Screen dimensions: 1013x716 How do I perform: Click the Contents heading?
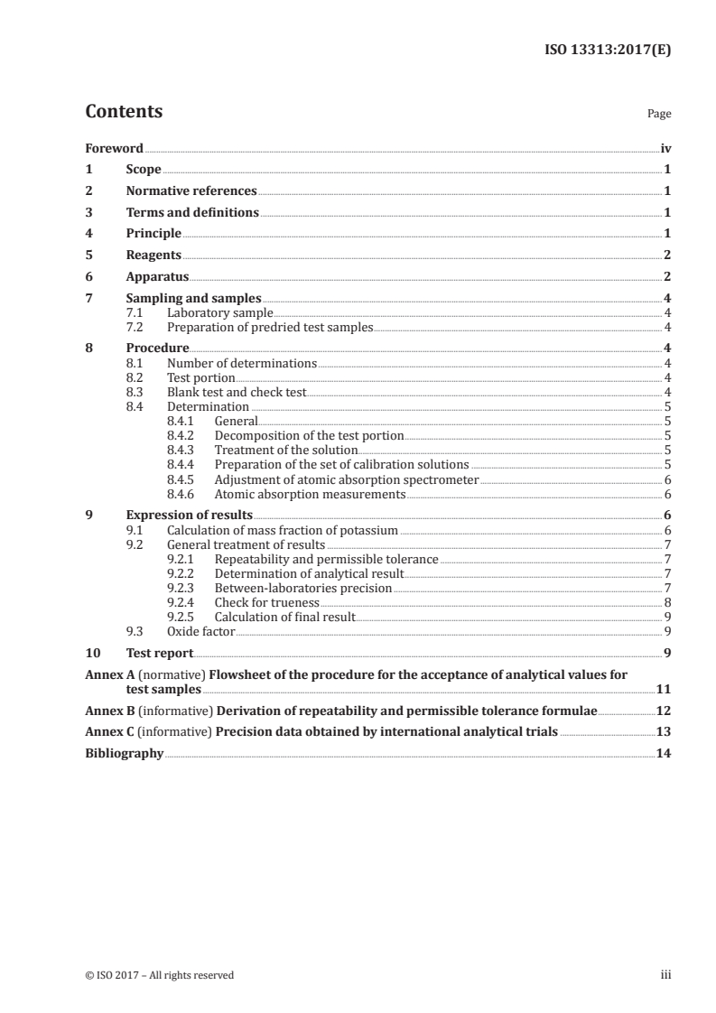pyautogui.click(x=124, y=112)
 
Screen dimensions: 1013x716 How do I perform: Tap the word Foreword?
pyautogui.click(x=114, y=148)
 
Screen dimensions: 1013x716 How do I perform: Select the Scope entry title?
pyautogui.click(x=144, y=170)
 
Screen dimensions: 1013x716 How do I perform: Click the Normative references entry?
pyautogui.click(x=191, y=191)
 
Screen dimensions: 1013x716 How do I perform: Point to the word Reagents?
pyautogui.click(x=153, y=255)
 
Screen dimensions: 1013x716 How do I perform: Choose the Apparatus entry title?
pyautogui.click(x=158, y=276)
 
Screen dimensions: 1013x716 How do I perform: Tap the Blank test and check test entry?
pyautogui.click(x=237, y=392)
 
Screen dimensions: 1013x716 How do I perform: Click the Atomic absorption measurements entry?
pyautogui.click(x=310, y=494)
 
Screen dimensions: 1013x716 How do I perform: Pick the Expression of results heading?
pyautogui.click(x=189, y=515)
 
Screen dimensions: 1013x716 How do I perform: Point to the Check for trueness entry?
pyautogui.click(x=266, y=602)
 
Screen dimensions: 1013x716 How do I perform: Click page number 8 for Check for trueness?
pyautogui.click(x=666, y=602)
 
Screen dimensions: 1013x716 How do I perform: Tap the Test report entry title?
pyautogui.click(x=159, y=653)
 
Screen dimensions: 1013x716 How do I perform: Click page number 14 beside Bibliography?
pyautogui.click(x=663, y=753)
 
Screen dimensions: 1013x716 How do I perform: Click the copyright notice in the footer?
pyautogui.click(x=159, y=974)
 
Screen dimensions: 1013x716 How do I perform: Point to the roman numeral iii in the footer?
pyautogui.click(x=666, y=974)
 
